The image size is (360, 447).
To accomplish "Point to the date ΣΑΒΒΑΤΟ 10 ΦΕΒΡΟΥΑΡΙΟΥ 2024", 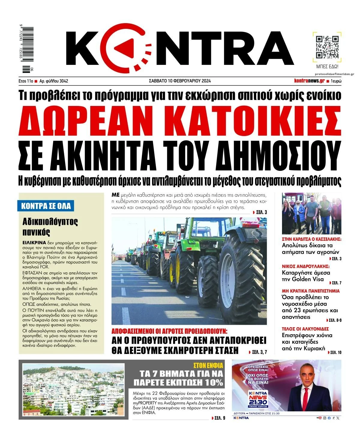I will [x=180, y=81].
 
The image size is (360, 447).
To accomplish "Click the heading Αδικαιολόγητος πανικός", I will [x=50, y=227].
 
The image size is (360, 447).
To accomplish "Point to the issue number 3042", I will [x=64, y=81].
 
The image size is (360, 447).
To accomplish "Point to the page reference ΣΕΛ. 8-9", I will [x=334, y=320].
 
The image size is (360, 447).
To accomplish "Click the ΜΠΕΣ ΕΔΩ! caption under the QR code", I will [x=327, y=67].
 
